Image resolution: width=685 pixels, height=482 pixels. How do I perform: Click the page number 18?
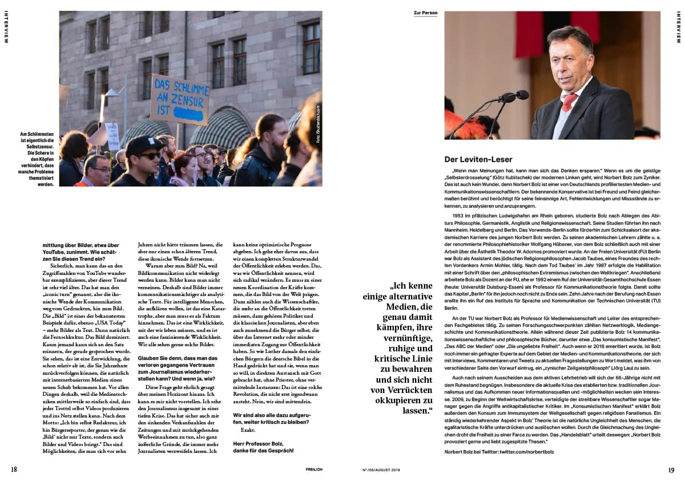pos(14,469)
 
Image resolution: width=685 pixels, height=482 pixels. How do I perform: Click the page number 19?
pos(671,470)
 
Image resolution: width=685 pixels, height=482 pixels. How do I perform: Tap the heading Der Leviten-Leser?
pos(478,159)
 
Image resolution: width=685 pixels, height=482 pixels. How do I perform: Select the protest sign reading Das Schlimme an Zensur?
pos(179,100)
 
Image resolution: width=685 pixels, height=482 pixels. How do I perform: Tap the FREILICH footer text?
pos(313,470)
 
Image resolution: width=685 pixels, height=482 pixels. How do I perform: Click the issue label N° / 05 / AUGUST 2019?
pos(382,470)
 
